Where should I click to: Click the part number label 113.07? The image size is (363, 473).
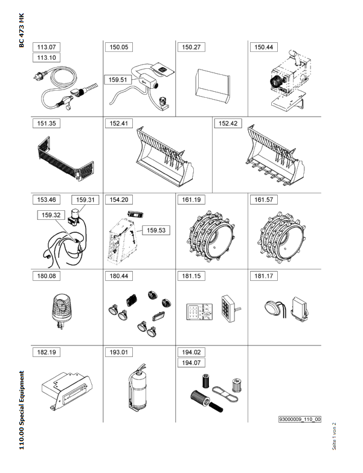(47, 47)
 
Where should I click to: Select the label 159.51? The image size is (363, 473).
(118, 80)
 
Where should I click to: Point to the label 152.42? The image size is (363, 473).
(228, 123)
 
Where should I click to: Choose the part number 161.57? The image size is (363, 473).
(263, 200)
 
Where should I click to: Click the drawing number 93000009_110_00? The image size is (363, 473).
(300, 419)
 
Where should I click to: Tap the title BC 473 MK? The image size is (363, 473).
(21, 30)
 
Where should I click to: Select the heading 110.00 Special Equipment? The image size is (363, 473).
(21, 410)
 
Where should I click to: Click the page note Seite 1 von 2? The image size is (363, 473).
(334, 436)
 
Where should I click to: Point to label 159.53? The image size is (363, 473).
(156, 230)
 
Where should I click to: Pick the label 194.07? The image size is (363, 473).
(191, 362)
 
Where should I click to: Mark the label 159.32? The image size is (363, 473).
(51, 215)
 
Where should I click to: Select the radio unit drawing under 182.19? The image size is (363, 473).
(66, 391)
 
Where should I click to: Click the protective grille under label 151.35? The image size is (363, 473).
(66, 159)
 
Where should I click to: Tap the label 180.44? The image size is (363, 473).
(119, 276)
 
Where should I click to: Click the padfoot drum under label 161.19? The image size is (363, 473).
(211, 236)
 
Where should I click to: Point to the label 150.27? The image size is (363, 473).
(191, 47)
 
